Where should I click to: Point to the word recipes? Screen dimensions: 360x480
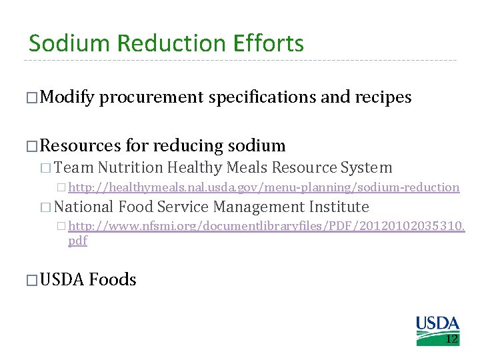(x=383, y=97)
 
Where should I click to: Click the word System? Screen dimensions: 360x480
(x=366, y=167)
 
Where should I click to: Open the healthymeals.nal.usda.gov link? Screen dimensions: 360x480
(x=264, y=187)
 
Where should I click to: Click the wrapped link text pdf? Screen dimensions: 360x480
(x=77, y=241)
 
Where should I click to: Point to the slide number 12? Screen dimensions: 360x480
(x=451, y=339)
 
